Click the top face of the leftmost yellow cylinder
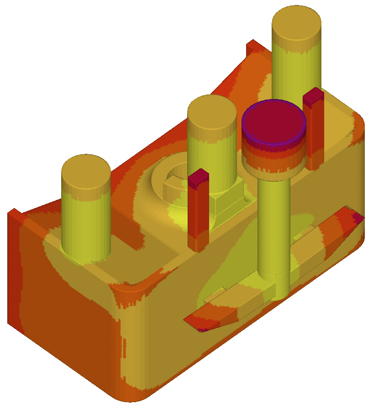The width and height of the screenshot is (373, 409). point(86,171)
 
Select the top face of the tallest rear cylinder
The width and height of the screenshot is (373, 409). point(296,23)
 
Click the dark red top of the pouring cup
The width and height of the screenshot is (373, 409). point(274,121)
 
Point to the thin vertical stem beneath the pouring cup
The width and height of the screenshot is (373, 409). point(273,228)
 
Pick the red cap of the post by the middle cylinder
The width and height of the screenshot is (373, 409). point(199,178)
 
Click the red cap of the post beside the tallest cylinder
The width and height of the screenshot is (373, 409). point(314,97)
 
